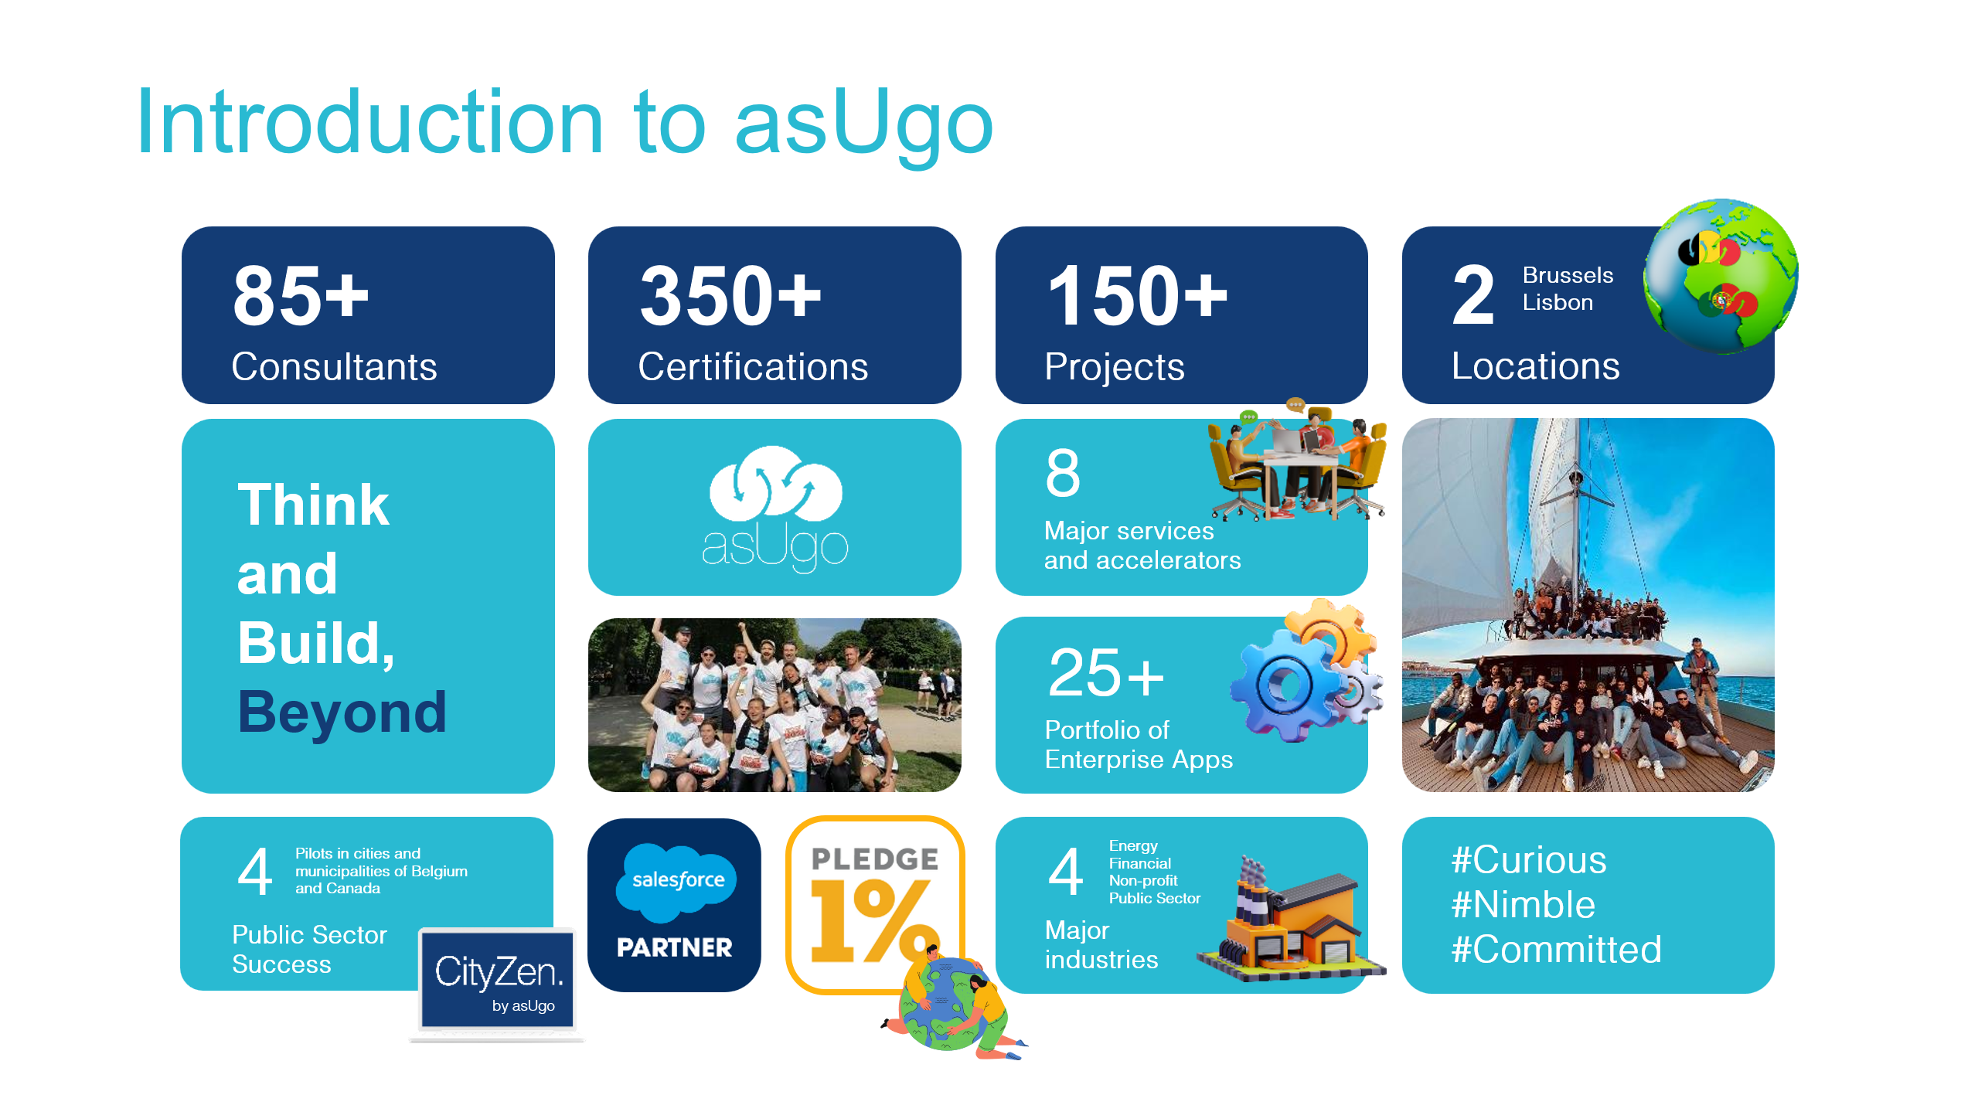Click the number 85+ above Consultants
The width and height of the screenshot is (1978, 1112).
tap(301, 295)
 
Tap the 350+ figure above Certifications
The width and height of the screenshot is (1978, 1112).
tap(730, 295)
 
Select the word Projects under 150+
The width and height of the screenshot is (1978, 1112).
tap(1114, 367)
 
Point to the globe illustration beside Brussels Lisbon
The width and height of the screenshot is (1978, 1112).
tap(1721, 276)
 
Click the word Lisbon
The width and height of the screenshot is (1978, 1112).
tap(1558, 302)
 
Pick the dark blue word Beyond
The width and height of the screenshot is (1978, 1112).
tap(342, 712)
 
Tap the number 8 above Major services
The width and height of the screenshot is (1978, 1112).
tap(1063, 473)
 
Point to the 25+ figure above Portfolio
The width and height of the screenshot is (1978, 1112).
tap(1106, 673)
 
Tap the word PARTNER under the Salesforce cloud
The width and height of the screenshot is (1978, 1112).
tap(674, 947)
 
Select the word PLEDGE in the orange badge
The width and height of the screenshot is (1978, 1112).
tap(875, 859)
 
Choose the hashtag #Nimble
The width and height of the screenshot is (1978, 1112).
tap(1524, 904)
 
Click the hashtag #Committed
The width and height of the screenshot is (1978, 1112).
tap(1556, 949)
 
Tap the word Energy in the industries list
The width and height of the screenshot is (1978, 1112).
tap(1133, 846)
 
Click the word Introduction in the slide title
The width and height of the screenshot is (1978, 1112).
tap(369, 122)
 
